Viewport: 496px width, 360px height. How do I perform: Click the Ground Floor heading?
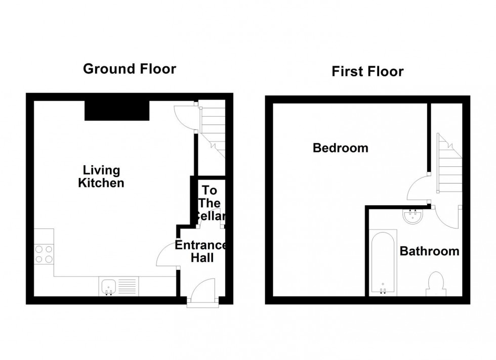tap(130, 69)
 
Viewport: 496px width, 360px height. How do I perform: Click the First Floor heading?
tap(367, 71)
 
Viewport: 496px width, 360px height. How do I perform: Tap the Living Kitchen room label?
tap(101, 176)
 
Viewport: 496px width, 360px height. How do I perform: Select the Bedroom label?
tap(340, 148)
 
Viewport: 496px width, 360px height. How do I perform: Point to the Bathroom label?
tap(430, 251)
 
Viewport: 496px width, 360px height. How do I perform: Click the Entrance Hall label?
tap(201, 251)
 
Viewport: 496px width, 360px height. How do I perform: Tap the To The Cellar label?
tap(210, 203)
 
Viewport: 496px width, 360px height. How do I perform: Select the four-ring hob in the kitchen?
tap(44, 254)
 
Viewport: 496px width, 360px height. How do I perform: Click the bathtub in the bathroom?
tap(383, 263)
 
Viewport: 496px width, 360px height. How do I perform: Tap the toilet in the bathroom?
tap(436, 284)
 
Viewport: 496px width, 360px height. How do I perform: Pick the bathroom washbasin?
tap(414, 216)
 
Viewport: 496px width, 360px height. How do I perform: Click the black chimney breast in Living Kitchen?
tap(117, 110)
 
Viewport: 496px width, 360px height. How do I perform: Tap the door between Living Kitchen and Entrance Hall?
tap(167, 254)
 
